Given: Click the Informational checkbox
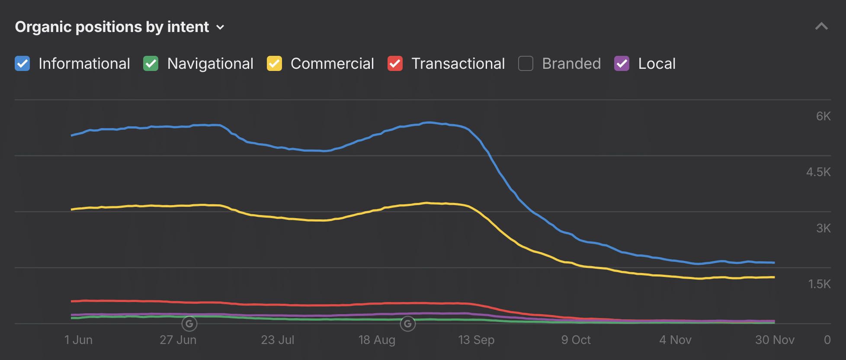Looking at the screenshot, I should (x=22, y=64).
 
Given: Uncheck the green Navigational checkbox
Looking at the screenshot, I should (x=151, y=64).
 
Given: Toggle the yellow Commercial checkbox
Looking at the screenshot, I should (x=274, y=64).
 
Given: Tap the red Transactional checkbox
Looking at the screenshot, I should (x=395, y=64).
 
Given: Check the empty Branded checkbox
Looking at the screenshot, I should (x=526, y=64).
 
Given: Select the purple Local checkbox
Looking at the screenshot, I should (x=622, y=64).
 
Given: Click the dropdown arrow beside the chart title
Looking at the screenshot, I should (x=220, y=27).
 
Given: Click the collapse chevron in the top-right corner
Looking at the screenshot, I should (x=821, y=26).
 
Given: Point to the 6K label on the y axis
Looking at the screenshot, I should (x=823, y=116).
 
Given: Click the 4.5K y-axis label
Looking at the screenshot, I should (x=818, y=172).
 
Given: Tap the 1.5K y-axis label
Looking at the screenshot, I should (x=819, y=284).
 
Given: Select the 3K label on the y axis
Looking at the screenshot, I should (x=823, y=228).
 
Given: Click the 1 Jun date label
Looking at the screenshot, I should (x=78, y=340).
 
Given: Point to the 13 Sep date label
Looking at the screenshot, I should (x=476, y=340).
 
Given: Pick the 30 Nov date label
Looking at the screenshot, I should (x=775, y=340).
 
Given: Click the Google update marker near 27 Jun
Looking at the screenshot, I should (x=189, y=324).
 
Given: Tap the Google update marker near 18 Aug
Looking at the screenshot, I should (x=407, y=324).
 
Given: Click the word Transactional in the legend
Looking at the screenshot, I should (x=458, y=64).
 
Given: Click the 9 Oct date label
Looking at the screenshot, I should (x=576, y=340).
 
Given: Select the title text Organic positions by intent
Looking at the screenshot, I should (x=112, y=27).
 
